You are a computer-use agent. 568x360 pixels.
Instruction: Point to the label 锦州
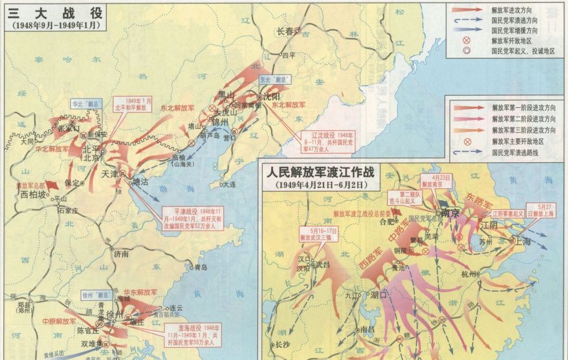pyautogui.click(x=221, y=122)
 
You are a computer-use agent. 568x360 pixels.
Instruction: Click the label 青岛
pyautogui.click(x=201, y=267)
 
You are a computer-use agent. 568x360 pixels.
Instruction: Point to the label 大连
pyautogui.click(x=230, y=184)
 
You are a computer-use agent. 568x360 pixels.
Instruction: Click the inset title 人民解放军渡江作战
pyautogui.click(x=320, y=173)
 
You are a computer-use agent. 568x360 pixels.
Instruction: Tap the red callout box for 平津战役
pyautogui.click(x=191, y=219)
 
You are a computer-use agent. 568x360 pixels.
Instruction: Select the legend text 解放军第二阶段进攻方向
pyautogui.click(x=523, y=119)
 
